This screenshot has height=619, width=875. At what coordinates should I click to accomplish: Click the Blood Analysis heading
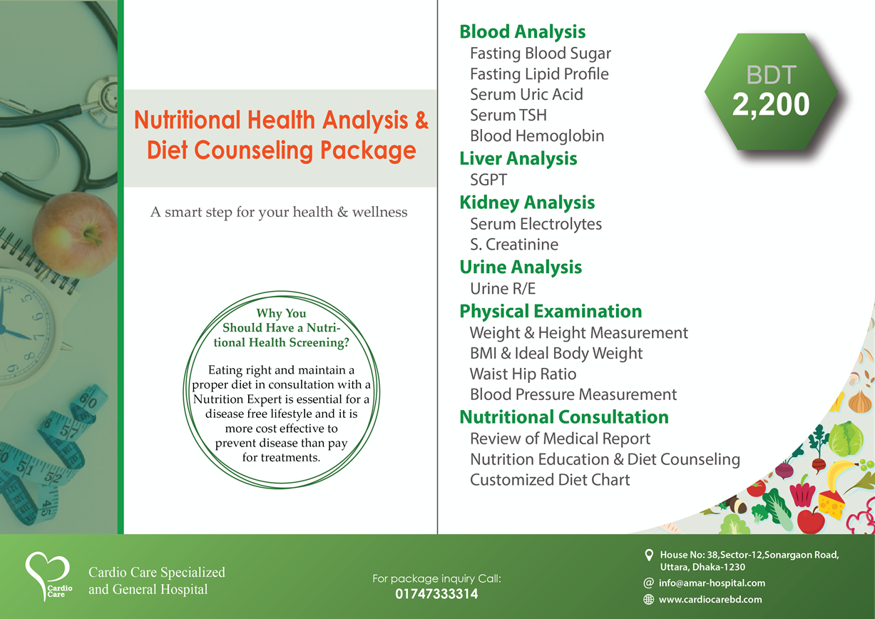tap(522, 32)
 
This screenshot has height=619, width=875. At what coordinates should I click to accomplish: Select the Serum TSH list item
tap(508, 116)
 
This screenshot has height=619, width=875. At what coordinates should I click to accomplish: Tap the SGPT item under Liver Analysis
tap(488, 180)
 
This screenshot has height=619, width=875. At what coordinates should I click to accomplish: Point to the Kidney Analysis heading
tap(527, 203)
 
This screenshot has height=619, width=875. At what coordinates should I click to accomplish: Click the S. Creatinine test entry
tap(514, 245)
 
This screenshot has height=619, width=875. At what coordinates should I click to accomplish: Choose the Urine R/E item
tap(503, 289)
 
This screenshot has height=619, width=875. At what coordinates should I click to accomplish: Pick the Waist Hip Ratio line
tap(523, 374)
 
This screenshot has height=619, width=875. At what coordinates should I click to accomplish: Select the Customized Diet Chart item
tap(550, 480)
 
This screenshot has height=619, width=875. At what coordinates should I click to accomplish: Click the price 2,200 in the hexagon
tap(771, 105)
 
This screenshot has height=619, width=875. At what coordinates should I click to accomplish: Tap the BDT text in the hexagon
tap(771, 75)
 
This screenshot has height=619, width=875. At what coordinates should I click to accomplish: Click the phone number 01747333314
tap(436, 594)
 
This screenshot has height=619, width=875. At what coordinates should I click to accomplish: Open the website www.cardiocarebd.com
tap(710, 600)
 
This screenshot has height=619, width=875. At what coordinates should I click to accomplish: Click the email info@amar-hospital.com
tap(712, 583)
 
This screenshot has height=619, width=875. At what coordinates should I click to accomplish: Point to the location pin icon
tap(649, 555)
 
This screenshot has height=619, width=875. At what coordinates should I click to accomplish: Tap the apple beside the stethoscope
tap(76, 235)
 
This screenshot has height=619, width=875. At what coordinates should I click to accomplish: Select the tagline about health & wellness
tap(279, 212)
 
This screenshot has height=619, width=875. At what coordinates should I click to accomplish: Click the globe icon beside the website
tap(648, 600)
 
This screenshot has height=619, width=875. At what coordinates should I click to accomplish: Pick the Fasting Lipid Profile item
tap(539, 74)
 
